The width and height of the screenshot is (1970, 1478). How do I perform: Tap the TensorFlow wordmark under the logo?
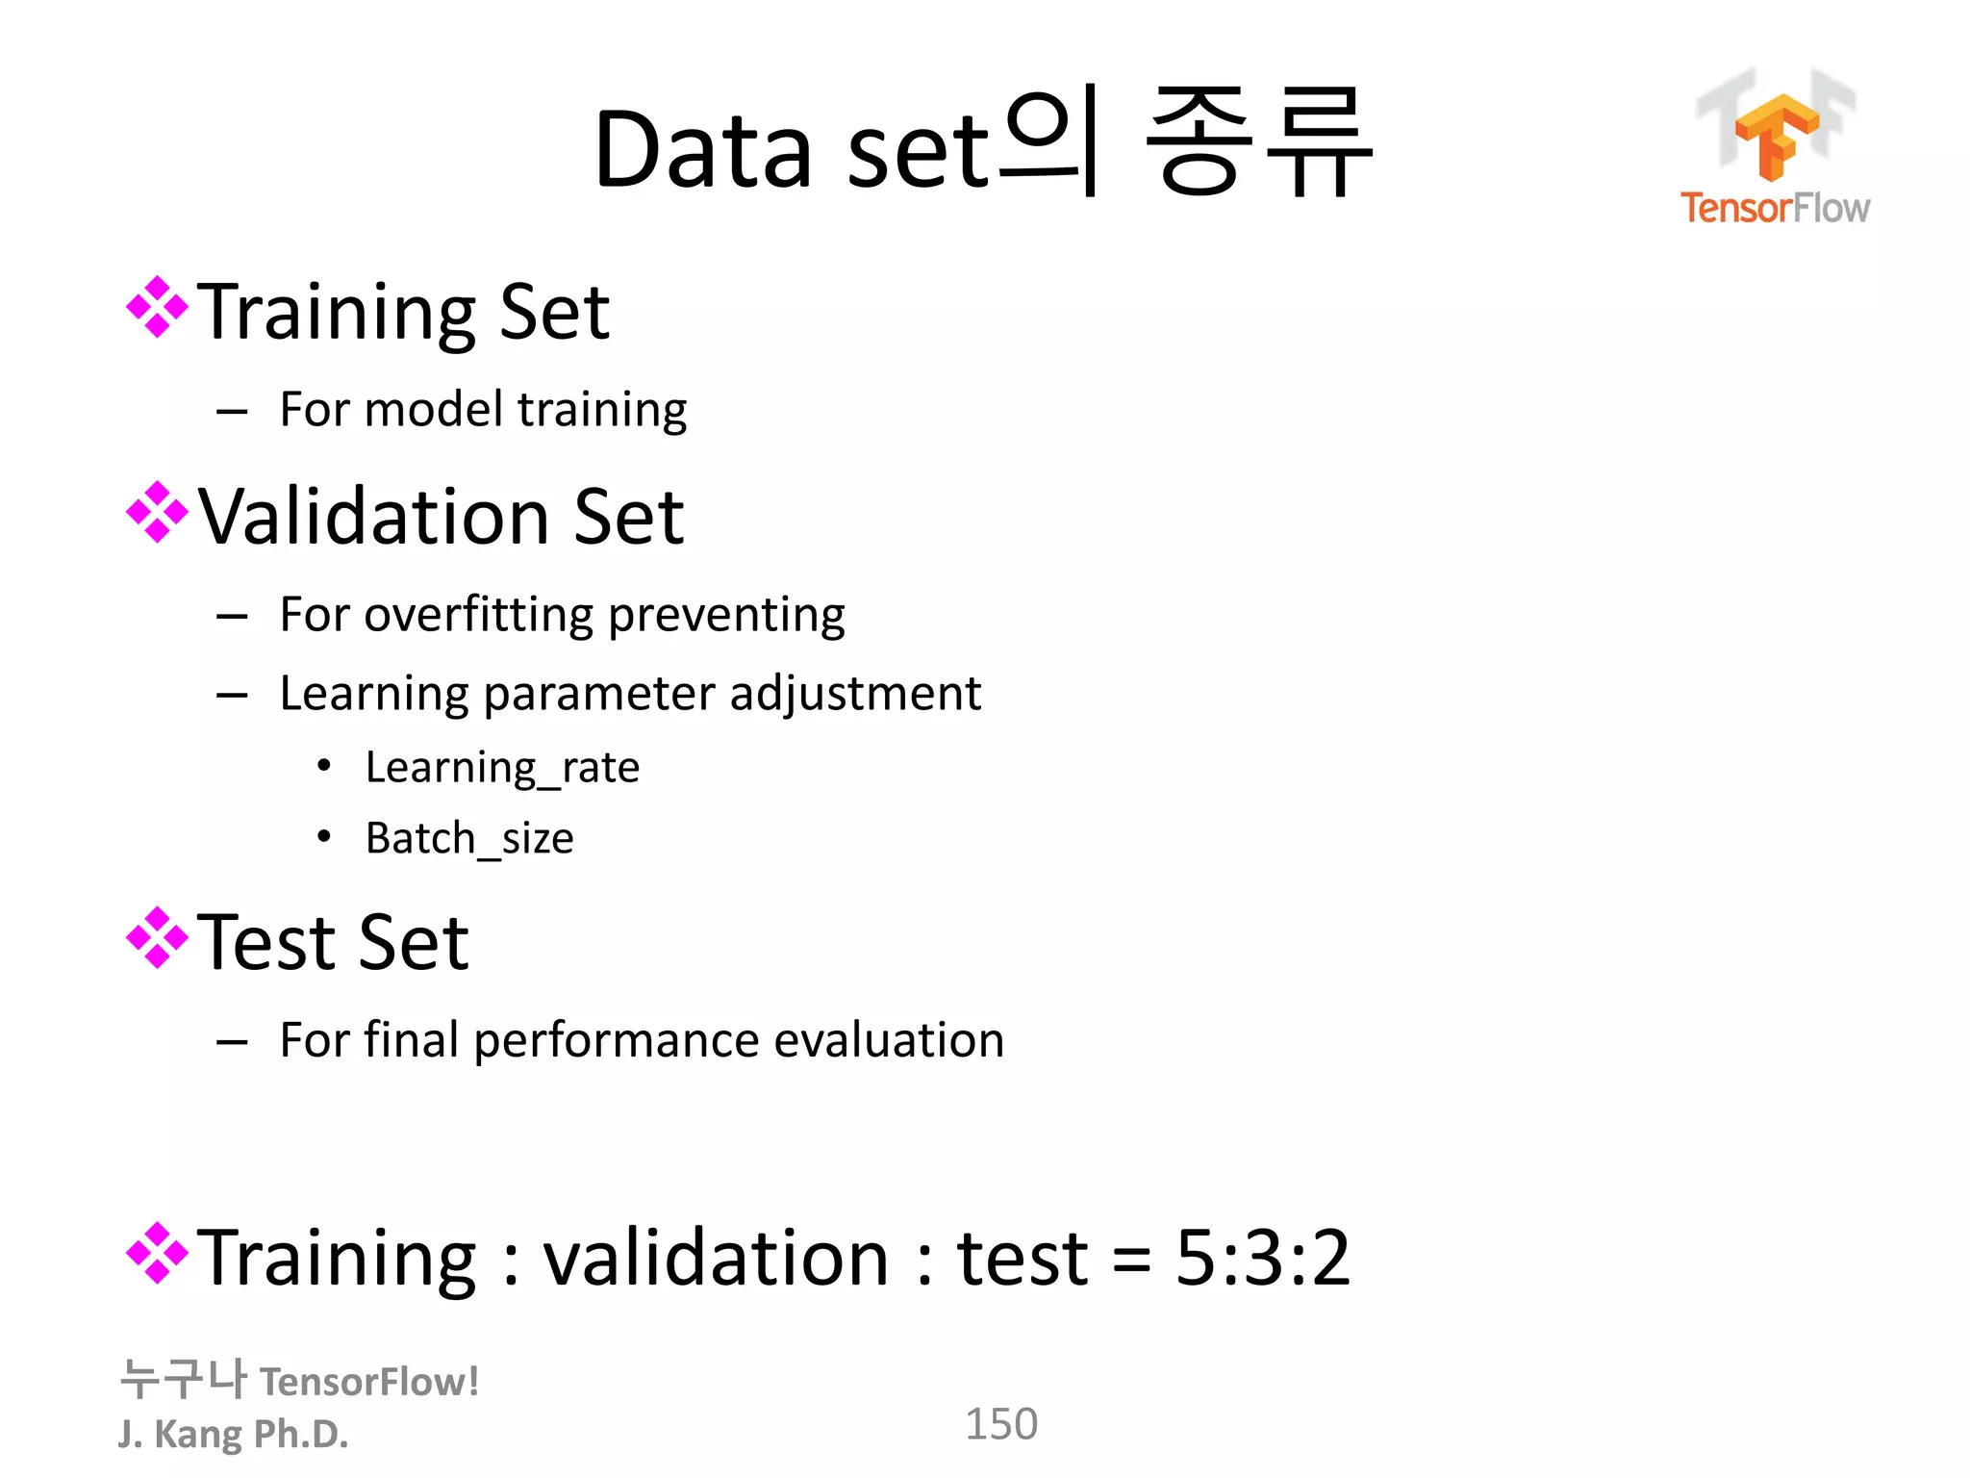point(1775,208)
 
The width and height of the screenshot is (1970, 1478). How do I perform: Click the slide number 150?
point(1001,1424)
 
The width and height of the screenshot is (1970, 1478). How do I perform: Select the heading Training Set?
point(403,312)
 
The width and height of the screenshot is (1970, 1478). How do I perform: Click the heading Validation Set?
point(441,517)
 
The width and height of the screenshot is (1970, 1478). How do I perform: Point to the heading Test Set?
point(333,942)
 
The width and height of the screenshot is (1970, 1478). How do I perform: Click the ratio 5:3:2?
point(1263,1258)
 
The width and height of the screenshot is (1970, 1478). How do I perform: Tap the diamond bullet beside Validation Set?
point(157,513)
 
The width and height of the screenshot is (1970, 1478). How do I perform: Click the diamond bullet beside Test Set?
point(157,937)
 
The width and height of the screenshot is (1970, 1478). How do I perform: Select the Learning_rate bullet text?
point(502,768)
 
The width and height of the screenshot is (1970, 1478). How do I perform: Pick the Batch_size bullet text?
point(469,838)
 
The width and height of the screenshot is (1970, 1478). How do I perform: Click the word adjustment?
point(855,694)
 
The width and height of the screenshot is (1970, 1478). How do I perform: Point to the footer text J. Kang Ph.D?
point(233,1434)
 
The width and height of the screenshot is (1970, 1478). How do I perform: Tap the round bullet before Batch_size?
point(324,837)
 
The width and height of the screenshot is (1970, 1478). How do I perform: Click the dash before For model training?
point(232,412)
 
